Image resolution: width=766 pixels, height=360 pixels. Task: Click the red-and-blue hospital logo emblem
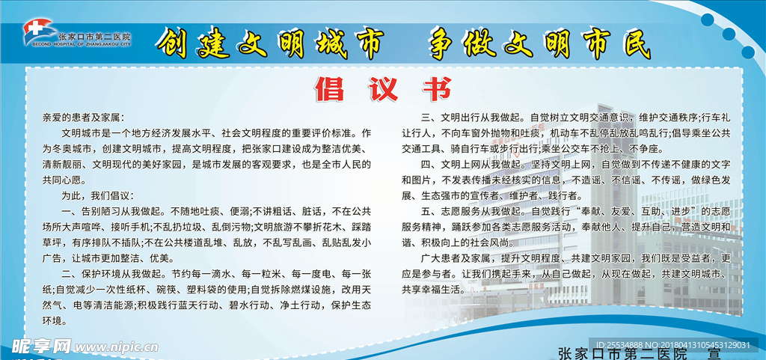point(38,31)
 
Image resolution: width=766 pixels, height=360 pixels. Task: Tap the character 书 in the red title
point(433,89)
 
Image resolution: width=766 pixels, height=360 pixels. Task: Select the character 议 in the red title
point(382,89)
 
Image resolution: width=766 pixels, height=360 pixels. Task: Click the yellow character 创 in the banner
point(174,44)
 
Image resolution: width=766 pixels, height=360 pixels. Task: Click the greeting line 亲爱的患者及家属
point(84,118)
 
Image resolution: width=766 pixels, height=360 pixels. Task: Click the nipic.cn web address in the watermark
point(117,347)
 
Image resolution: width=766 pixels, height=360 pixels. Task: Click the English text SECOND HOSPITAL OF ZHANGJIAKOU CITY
point(82,43)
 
